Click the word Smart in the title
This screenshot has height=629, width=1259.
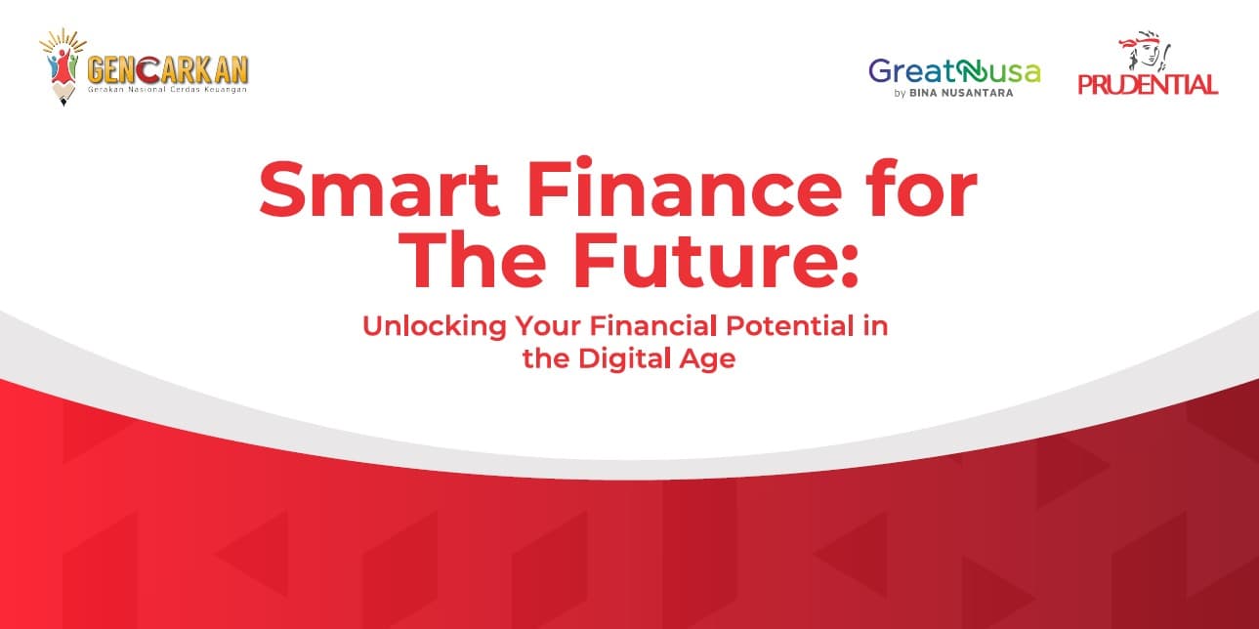[379, 189]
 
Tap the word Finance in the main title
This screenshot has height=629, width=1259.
[684, 187]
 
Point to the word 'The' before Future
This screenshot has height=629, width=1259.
[473, 259]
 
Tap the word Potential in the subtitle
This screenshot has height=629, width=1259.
[790, 326]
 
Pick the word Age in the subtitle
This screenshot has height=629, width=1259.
[707, 360]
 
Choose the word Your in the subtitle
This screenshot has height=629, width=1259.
[548, 326]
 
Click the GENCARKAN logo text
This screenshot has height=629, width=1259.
[167, 70]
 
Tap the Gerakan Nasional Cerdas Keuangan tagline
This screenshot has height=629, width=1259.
[167, 90]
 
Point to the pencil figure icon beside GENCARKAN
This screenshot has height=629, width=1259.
[63, 67]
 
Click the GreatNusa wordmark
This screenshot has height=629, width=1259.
[954, 72]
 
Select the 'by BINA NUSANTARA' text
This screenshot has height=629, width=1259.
[954, 93]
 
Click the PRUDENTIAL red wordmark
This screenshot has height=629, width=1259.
[1148, 85]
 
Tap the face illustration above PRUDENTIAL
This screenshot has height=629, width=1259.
[1145, 52]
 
